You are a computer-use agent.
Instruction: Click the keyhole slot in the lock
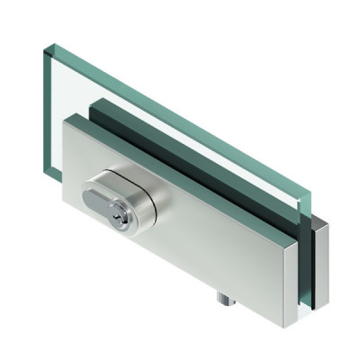click(117, 200)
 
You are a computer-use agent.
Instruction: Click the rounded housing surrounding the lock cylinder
click(144, 194)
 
